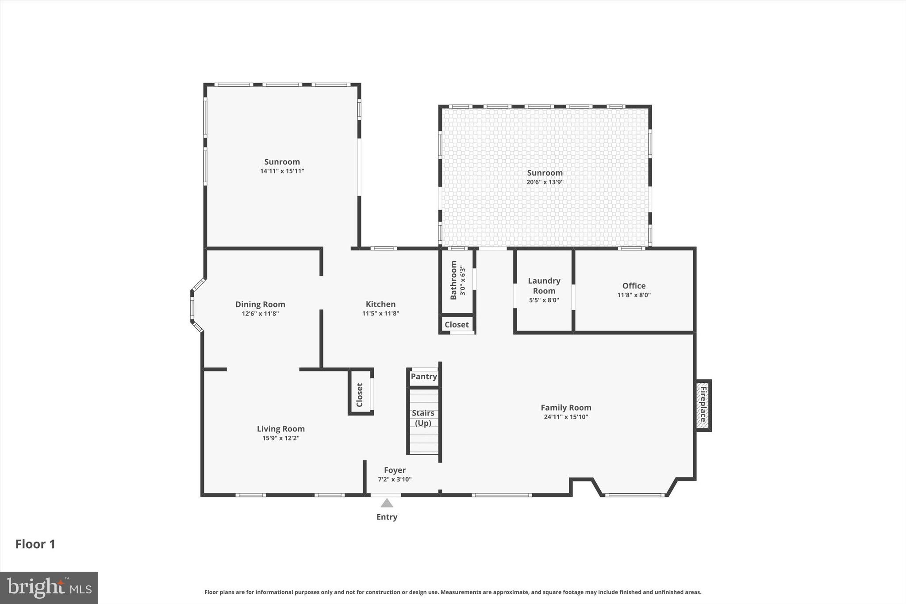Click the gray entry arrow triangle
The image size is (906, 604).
[x=387, y=503]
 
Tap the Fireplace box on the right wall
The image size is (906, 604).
[x=703, y=405]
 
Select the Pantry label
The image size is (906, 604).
[x=424, y=377]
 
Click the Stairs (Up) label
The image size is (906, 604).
[x=423, y=418]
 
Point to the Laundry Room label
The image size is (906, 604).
[x=544, y=286]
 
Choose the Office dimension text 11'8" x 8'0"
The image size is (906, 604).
[x=634, y=295]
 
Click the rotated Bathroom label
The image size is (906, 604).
[x=453, y=280]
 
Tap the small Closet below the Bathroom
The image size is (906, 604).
[x=457, y=325]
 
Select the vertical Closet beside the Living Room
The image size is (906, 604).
[x=360, y=395]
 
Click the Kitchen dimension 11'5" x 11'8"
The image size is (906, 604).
[x=380, y=313]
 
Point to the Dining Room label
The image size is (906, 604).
[x=260, y=304]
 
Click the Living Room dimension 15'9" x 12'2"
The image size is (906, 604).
[x=281, y=438]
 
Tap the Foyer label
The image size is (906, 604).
[x=395, y=470]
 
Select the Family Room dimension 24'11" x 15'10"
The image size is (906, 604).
[x=566, y=417]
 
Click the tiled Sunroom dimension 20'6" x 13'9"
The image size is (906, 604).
[x=545, y=182]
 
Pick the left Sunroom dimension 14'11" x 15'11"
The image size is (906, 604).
[x=282, y=171]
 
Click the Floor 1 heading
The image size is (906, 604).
[x=35, y=544]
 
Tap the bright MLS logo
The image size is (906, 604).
[x=49, y=588]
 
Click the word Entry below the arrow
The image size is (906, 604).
[x=387, y=517]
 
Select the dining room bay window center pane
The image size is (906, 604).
[x=192, y=308]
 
